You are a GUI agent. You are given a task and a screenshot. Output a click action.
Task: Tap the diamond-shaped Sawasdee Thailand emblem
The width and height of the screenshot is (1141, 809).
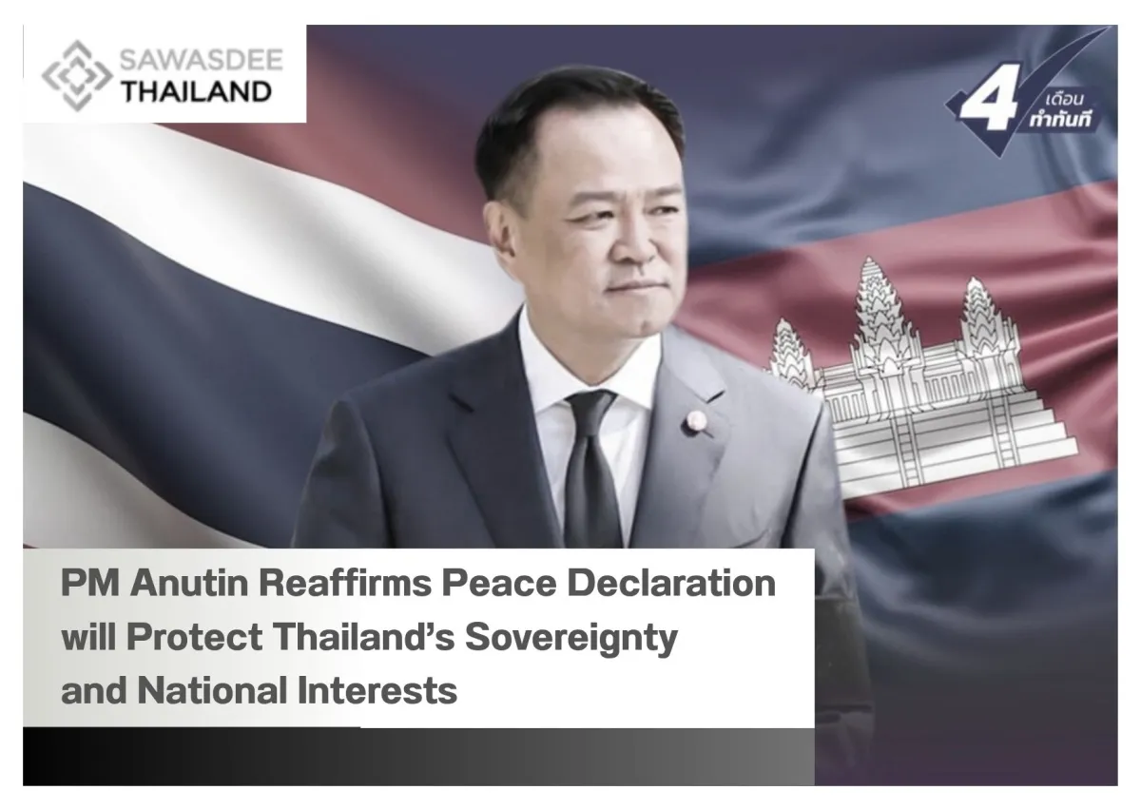click(78, 74)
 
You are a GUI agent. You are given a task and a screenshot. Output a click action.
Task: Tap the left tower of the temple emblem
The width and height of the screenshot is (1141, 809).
click(787, 347)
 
